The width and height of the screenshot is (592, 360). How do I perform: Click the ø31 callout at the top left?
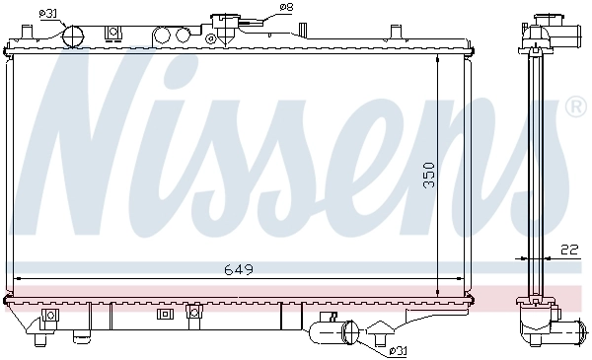[47, 12]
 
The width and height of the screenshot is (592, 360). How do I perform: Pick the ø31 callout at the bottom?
[400, 350]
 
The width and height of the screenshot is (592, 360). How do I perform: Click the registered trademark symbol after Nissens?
[574, 104]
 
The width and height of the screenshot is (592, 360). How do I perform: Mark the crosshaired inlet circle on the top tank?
[75, 36]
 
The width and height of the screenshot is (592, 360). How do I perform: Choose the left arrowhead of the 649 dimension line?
[18, 279]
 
